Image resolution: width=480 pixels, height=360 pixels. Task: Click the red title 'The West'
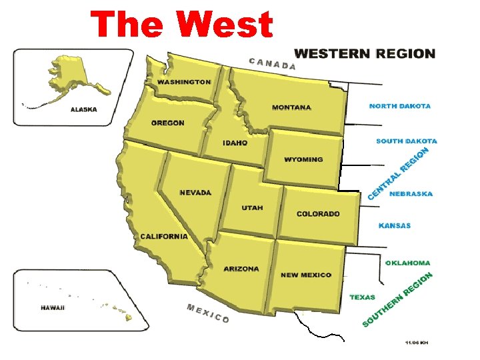click(x=182, y=25)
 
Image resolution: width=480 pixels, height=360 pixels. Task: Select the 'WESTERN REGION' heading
click(x=365, y=54)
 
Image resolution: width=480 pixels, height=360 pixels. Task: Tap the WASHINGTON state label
click(x=184, y=82)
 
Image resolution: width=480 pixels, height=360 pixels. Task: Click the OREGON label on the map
click(x=168, y=123)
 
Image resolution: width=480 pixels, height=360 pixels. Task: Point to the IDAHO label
click(x=235, y=143)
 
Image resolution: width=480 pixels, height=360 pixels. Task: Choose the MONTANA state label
click(x=291, y=107)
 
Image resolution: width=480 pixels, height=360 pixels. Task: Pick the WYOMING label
click(x=303, y=159)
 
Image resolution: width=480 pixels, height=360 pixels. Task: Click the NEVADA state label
click(x=195, y=193)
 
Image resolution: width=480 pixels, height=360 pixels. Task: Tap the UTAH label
click(x=252, y=208)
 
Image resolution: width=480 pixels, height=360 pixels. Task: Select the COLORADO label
click(x=318, y=214)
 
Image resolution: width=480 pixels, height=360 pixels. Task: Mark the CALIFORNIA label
click(x=164, y=237)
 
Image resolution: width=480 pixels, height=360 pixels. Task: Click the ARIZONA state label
click(x=241, y=269)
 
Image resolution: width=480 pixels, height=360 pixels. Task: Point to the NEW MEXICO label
click(x=306, y=275)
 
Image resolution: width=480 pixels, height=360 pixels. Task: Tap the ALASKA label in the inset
click(x=83, y=110)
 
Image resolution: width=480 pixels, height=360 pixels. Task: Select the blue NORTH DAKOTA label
click(x=400, y=106)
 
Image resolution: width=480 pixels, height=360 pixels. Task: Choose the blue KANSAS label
click(x=395, y=226)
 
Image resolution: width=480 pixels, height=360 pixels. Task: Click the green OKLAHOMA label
click(x=408, y=263)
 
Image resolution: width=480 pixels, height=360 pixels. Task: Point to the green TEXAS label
click(x=363, y=297)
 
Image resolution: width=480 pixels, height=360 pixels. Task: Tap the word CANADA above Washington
click(x=272, y=64)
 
